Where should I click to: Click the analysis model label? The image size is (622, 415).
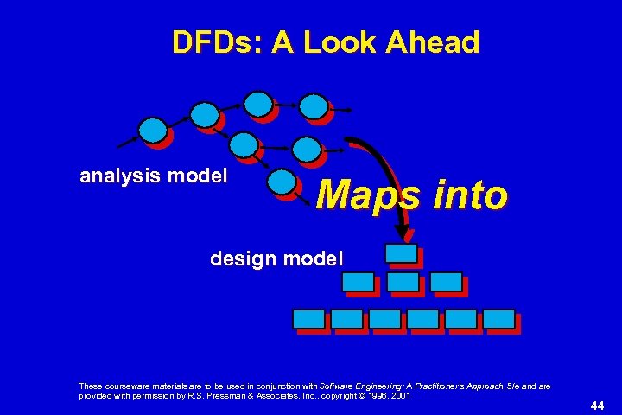[154, 176]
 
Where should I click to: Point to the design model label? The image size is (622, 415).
[276, 258]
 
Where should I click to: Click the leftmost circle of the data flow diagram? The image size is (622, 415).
[153, 131]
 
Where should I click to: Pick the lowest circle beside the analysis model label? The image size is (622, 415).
[281, 182]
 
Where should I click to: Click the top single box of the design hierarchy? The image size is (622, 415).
[400, 253]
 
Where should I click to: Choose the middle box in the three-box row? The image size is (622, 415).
[402, 282]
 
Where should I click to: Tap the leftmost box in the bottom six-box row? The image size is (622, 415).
[309, 318]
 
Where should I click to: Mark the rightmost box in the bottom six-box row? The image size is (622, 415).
[498, 318]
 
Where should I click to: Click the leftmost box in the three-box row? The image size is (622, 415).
[358, 282]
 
